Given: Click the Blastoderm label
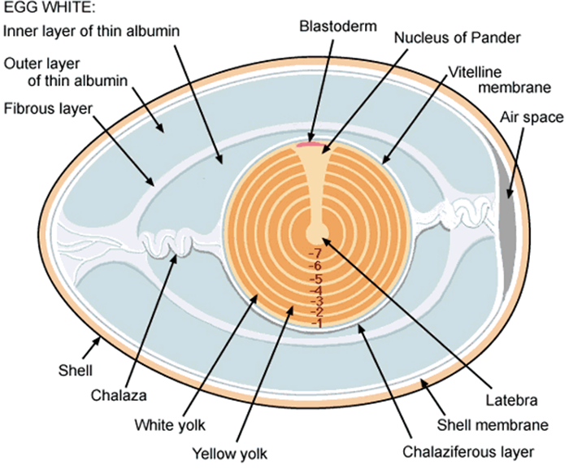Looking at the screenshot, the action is (x=338, y=27).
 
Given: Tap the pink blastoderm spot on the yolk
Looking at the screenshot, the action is (x=310, y=145).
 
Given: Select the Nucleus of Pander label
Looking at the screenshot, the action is (x=457, y=37).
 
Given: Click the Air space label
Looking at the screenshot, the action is (x=532, y=118).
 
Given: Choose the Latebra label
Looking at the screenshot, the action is (x=511, y=400).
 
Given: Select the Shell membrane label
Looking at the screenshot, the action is (x=493, y=425).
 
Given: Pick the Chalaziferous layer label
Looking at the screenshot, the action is (x=468, y=452).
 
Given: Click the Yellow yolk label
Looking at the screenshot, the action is (x=229, y=454).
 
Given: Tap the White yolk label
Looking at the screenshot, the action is (x=170, y=425).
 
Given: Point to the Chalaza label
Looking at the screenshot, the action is (x=119, y=395).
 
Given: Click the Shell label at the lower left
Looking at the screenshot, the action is (x=76, y=371).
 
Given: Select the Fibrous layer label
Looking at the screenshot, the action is (x=48, y=109).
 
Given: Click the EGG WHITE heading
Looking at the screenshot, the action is (x=50, y=7).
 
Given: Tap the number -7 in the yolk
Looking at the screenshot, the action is (x=315, y=253).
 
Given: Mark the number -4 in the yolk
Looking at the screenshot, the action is (x=316, y=291).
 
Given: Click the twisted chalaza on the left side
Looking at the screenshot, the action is (x=167, y=242).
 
